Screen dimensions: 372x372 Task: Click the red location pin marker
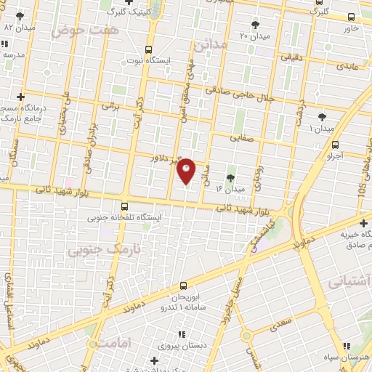coord(187,171)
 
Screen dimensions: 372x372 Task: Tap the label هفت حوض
coord(74,31)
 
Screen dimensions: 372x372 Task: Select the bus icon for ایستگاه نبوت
coord(149,50)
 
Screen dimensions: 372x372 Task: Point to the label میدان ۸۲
coord(20,27)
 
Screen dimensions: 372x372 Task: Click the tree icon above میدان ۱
coord(322,117)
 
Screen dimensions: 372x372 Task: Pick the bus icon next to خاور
coord(352,17)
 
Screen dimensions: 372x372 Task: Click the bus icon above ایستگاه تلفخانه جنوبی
coord(125,206)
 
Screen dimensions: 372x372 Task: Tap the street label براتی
coord(110,106)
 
